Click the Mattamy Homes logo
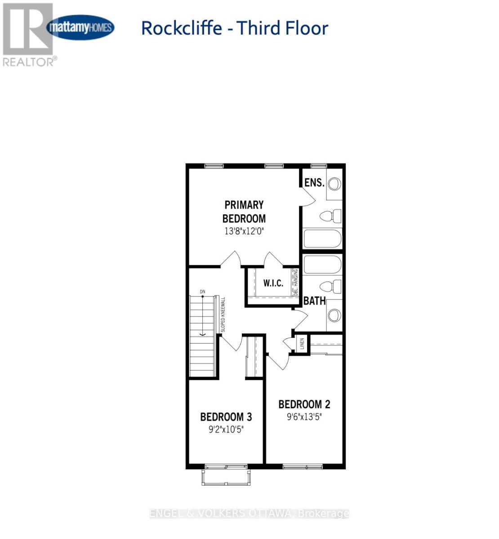tap(80, 27)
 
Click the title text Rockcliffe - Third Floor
tap(235, 28)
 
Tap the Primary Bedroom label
tap(244, 212)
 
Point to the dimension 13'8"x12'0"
tap(244, 232)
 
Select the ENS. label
tap(314, 182)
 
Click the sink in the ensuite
tap(334, 184)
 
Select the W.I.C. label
tap(273, 283)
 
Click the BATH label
tap(314, 301)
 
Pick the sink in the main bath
tap(334, 315)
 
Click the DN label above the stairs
tap(202, 292)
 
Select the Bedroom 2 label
tap(304, 404)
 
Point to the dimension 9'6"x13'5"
tap(304, 417)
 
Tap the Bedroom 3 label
tap(226, 417)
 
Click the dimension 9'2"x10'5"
tap(226, 429)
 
